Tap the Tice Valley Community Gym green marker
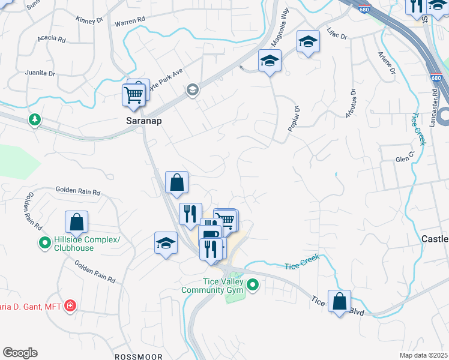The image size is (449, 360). pyautogui.click(x=253, y=285)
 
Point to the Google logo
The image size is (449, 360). pyautogui.click(x=20, y=353)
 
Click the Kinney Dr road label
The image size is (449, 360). pyautogui.click(x=90, y=20)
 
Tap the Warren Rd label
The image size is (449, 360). pyautogui.click(x=130, y=20)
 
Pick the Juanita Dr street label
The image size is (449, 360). pyautogui.click(x=40, y=73)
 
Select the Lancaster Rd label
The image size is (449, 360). pyautogui.click(x=434, y=109)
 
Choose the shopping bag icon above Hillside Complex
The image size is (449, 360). pyautogui.click(x=77, y=223)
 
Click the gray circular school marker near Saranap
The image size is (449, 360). pyautogui.click(x=193, y=90)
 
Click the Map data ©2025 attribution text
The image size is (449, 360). pyautogui.click(x=423, y=355)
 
